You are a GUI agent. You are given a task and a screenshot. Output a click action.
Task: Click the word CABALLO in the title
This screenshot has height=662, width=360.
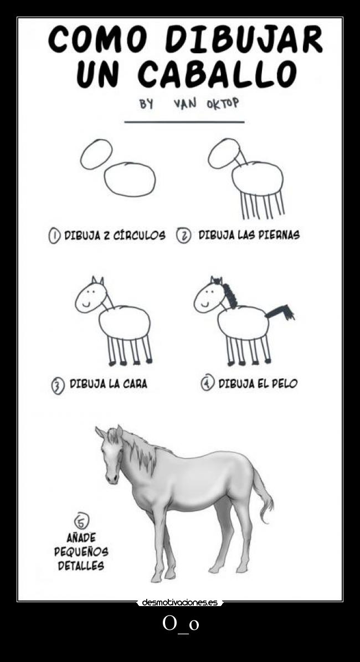pos(217,74)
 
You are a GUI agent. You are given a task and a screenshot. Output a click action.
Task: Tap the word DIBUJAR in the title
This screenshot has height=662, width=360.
pos(244,39)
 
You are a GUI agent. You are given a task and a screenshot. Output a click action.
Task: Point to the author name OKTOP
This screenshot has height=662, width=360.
pos(223,103)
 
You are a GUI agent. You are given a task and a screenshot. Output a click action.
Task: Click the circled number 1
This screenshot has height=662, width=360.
pos(54,235)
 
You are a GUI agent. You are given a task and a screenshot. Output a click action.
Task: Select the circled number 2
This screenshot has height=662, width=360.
pos(183,235)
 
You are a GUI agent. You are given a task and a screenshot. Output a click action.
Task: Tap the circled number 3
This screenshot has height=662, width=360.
pos(58,386)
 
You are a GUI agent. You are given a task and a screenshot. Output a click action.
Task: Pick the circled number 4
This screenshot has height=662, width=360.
pos(207,383)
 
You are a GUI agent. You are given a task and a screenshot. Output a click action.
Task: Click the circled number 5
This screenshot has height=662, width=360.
pos(82,521)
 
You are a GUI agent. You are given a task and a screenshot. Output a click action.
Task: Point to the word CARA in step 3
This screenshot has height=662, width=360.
pos(135,384)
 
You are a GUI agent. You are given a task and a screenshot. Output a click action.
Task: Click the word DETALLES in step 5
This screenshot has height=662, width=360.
pos(81,566)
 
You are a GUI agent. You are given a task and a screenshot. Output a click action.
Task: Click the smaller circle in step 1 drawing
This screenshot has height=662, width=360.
pos(96,154)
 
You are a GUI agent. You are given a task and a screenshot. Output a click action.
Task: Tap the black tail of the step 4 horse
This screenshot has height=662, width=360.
pos(280,312)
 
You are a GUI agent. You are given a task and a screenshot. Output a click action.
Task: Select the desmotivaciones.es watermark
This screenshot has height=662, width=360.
pos(180,603)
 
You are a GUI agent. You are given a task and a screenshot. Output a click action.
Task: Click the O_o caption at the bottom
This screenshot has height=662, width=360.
pos(180,624)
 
